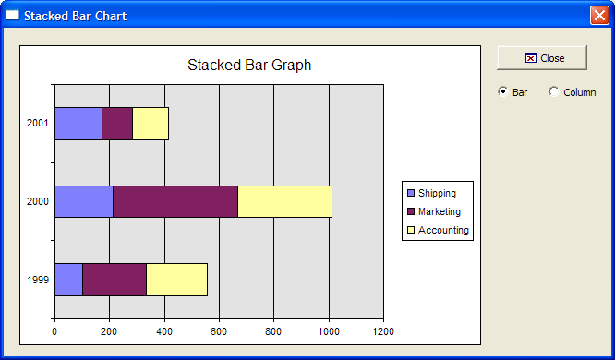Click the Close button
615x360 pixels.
click(x=542, y=58)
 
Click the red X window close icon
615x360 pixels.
click(x=599, y=16)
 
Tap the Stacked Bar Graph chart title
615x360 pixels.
click(x=249, y=66)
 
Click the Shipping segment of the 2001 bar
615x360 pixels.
click(x=78, y=124)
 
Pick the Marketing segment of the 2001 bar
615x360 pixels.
click(x=117, y=124)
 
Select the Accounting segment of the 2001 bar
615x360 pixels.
click(x=151, y=124)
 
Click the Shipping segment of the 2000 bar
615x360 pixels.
click(x=84, y=201)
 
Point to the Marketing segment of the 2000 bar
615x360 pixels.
click(x=175, y=201)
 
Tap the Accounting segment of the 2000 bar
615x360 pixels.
click(x=284, y=201)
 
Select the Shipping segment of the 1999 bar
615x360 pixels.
click(x=68, y=280)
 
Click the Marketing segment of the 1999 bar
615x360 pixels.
click(x=115, y=280)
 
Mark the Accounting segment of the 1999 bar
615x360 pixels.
click(x=177, y=280)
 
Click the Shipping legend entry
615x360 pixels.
click(x=432, y=193)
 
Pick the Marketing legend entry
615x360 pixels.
click(x=434, y=211)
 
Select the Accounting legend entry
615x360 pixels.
click(x=438, y=230)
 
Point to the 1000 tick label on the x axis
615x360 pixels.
click(x=329, y=331)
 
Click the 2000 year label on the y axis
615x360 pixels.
click(x=38, y=201)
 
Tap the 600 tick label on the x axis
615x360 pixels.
click(x=219, y=331)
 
